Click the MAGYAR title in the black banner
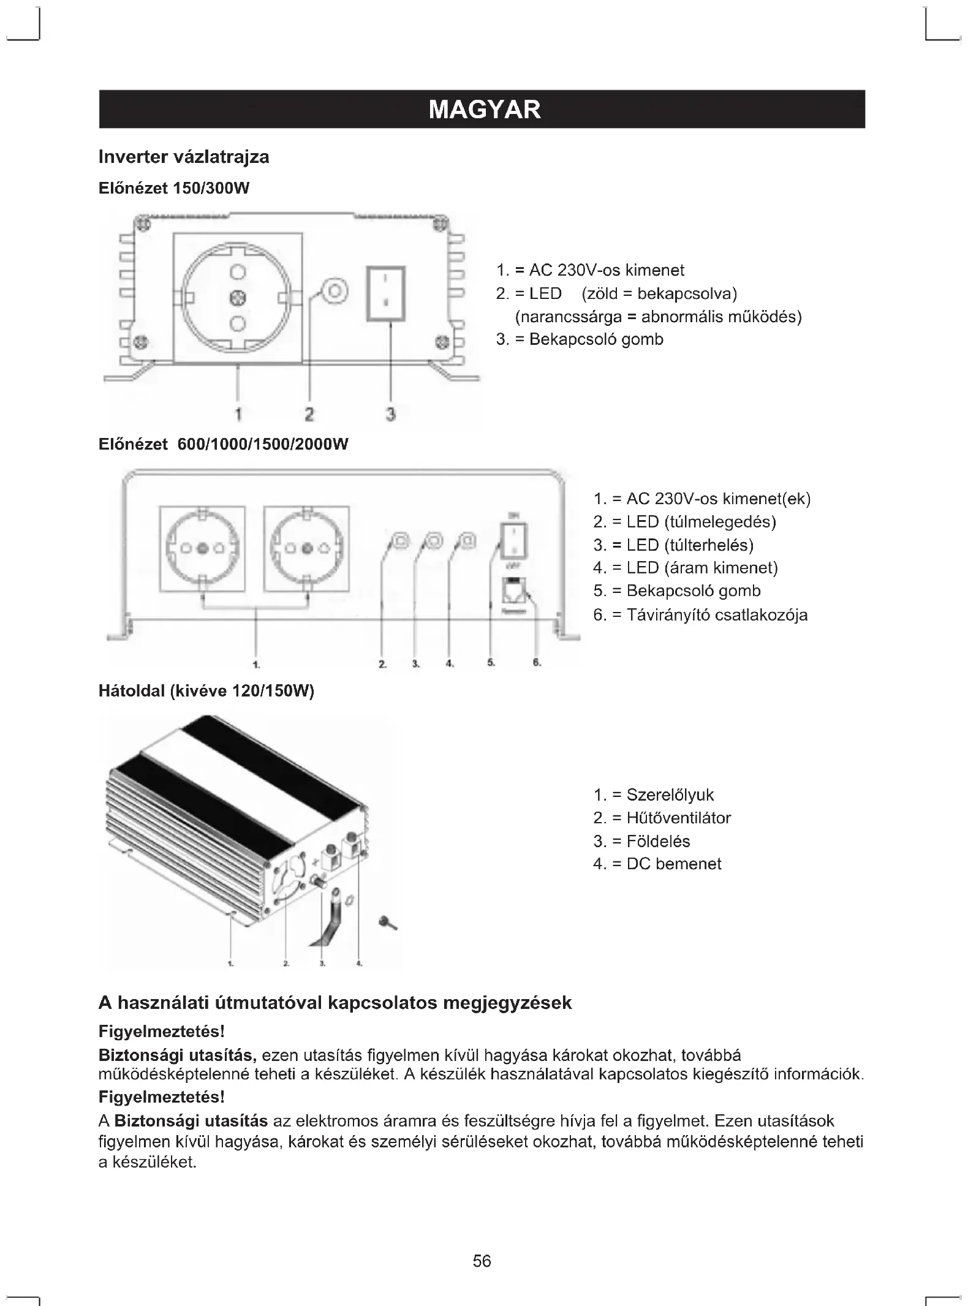[484, 110]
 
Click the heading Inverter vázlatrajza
[184, 157]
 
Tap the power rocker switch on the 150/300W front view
[386, 293]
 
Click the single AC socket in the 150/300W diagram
[238, 298]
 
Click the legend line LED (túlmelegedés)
[684, 522]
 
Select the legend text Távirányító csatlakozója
[700, 615]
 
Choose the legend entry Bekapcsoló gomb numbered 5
[677, 591]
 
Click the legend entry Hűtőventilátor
[662, 818]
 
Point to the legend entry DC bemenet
[657, 864]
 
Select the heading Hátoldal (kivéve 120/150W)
[206, 692]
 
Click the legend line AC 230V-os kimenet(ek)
[701, 499]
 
